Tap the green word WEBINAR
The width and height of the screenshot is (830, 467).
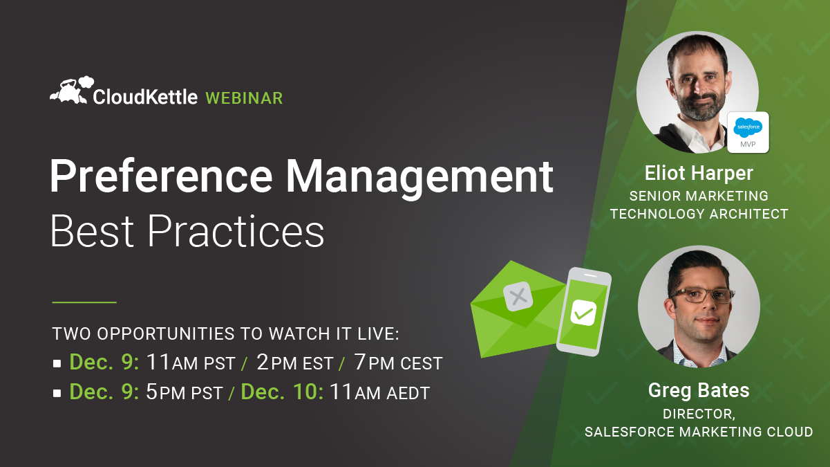pos(244,98)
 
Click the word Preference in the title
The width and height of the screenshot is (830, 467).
pos(161,176)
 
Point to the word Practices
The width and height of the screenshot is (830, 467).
pos(236,231)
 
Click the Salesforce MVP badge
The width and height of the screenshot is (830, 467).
pos(748,132)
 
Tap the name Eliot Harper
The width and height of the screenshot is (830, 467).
pos(699,173)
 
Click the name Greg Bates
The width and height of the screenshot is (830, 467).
pos(699,391)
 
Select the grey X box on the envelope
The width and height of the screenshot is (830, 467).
pos(518,296)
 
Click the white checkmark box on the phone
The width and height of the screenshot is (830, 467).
pos(583,313)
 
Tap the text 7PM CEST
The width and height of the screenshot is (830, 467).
pos(398,363)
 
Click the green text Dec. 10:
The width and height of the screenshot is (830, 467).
pos(282,392)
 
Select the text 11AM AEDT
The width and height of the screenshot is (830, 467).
pos(379,392)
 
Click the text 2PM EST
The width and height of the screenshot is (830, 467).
pos(295,363)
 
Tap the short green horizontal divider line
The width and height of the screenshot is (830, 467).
pos(84,302)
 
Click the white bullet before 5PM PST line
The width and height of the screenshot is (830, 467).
pos(57,393)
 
